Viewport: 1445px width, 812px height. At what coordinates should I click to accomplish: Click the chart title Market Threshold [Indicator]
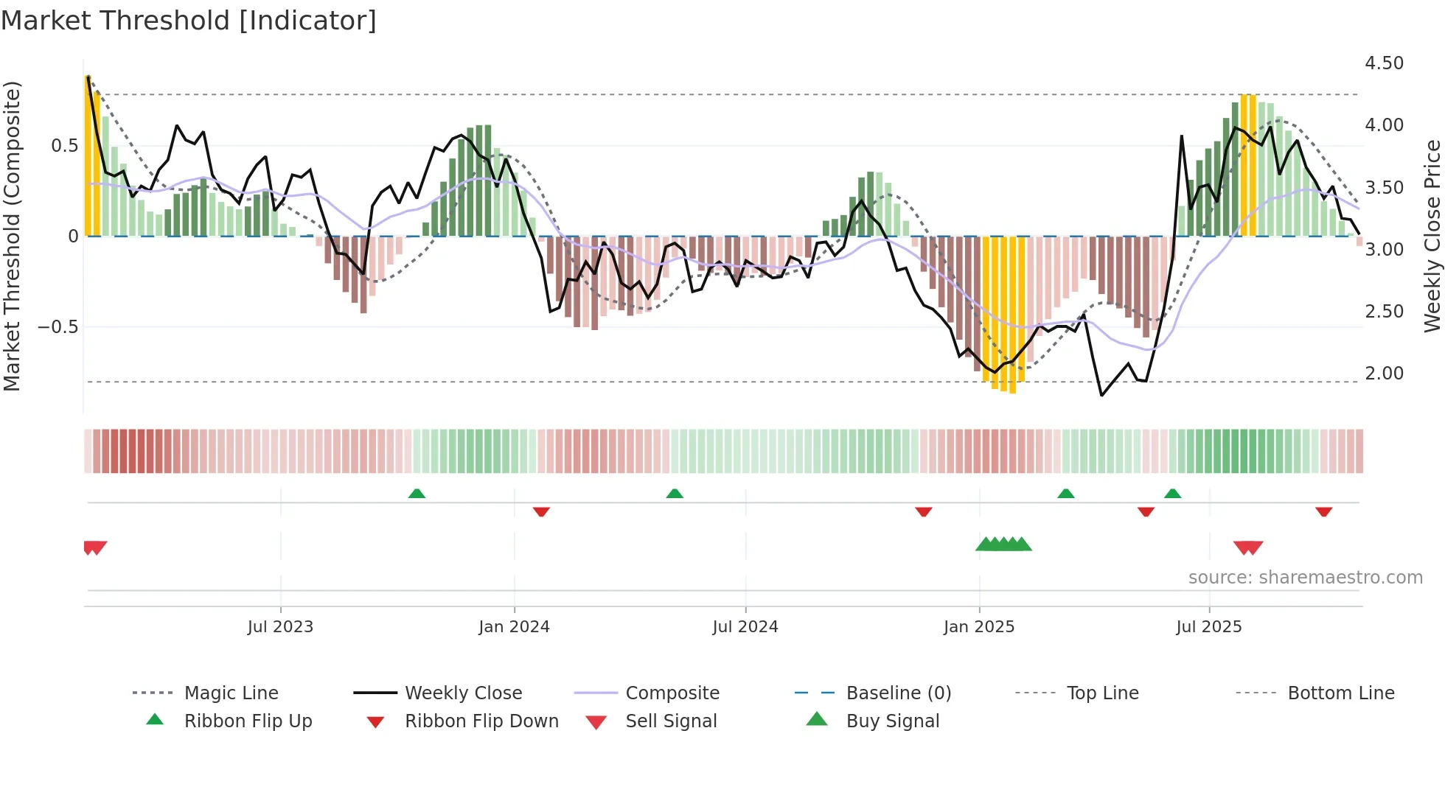(189, 21)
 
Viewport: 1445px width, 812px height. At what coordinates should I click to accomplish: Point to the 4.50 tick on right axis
(1384, 63)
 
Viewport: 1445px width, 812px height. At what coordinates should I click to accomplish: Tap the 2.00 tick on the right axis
(1384, 374)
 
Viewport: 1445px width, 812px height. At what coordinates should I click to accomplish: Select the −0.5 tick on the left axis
(58, 326)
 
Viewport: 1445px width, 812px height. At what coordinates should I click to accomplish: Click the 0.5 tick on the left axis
(64, 146)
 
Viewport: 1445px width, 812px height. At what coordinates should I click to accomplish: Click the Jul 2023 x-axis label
(280, 627)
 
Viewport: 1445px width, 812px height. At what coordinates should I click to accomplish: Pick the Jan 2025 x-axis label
(978, 627)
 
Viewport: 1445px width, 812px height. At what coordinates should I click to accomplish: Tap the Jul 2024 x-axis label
(745, 627)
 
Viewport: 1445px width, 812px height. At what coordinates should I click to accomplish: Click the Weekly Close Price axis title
(1432, 236)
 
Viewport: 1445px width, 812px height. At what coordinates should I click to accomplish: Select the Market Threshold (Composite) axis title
(12, 236)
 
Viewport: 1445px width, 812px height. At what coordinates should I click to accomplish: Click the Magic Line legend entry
(231, 693)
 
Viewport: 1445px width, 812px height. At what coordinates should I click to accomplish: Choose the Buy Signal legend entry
(892, 721)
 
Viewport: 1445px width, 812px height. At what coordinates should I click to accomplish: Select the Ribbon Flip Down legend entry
(481, 721)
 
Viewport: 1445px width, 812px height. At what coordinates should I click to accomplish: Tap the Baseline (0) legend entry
(898, 693)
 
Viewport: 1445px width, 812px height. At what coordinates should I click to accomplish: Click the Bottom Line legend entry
(1340, 693)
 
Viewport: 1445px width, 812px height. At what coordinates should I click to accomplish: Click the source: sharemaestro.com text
(1305, 578)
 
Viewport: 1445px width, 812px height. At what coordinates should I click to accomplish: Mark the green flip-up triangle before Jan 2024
(417, 494)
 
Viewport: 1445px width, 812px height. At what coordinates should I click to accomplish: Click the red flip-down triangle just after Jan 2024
(541, 511)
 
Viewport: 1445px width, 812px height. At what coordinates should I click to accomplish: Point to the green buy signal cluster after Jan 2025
(1003, 545)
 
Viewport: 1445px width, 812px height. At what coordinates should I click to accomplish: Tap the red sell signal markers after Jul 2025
(1248, 547)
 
